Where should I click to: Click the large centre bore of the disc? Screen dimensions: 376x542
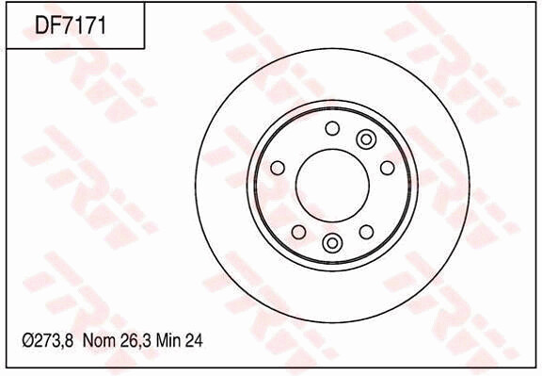[x=332, y=185]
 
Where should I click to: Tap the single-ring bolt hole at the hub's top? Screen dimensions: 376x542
[x=331, y=128]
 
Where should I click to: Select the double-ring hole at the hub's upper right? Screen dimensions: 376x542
[x=366, y=140]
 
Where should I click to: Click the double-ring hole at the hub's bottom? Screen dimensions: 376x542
[x=331, y=243]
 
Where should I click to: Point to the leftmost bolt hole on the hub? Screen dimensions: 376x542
[x=278, y=168]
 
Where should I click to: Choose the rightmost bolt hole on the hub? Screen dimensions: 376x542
[x=387, y=168]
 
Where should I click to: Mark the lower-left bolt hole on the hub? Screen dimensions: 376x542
[x=297, y=231]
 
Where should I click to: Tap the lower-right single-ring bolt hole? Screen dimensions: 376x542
[x=366, y=231]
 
